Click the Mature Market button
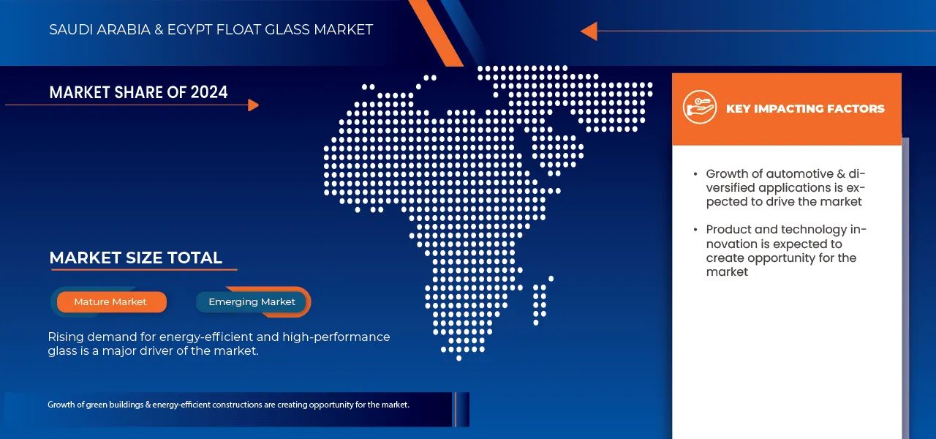point(110,301)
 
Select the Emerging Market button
point(252,301)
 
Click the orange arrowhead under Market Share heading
point(253,105)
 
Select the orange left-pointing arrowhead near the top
point(589,31)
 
